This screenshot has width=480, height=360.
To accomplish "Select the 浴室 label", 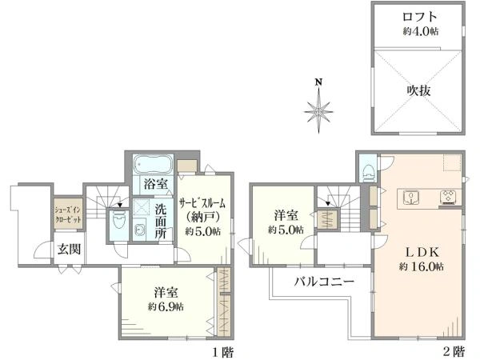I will [x=156, y=185].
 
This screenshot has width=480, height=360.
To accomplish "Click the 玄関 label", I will [x=69, y=249].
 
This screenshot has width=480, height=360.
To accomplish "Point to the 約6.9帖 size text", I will [x=166, y=306].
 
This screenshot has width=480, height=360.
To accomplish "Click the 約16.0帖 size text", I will [x=420, y=266].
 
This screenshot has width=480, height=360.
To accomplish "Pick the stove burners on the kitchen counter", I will [x=445, y=197].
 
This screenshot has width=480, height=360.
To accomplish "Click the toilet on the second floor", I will [x=368, y=170].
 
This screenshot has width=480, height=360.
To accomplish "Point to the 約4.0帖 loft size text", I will [x=418, y=31].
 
